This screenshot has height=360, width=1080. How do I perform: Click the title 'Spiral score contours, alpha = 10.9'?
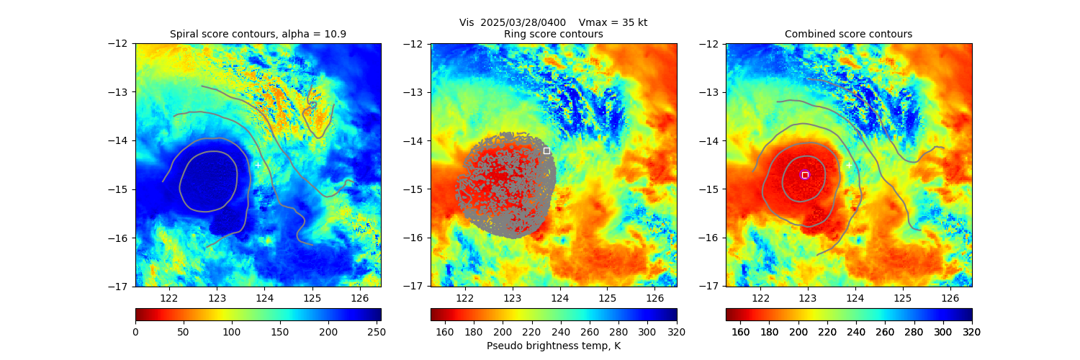258,34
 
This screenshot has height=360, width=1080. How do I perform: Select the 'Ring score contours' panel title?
554,34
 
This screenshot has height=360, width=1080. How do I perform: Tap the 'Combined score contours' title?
848,34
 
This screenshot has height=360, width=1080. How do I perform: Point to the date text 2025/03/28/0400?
523,22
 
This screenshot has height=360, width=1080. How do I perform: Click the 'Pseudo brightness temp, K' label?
554,346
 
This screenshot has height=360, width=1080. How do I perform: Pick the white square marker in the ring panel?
546,150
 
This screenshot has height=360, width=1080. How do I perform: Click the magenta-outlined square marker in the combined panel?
805,175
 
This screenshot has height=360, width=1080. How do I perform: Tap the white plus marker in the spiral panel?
258,165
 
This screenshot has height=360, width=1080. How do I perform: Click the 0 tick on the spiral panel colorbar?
135,332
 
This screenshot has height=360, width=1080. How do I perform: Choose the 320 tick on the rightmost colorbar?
972,332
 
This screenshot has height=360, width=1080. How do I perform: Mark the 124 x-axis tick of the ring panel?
560,297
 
